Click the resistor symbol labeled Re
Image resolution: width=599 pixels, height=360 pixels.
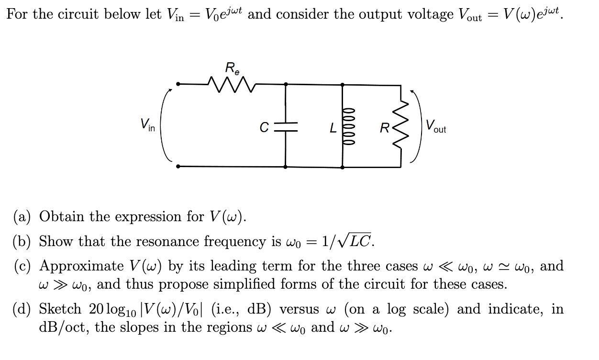point(232,85)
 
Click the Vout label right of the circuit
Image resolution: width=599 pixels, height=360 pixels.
point(435,127)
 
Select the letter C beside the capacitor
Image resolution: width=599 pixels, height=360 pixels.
point(263,128)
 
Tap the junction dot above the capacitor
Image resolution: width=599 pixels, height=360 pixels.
point(286,85)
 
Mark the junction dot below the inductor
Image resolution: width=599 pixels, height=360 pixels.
point(343,167)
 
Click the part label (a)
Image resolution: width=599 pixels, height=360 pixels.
point(22,217)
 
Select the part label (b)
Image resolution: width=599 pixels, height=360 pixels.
point(22,241)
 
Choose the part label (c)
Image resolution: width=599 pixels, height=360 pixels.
point(22,266)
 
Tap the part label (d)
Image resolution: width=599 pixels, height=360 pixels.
point(22,309)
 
